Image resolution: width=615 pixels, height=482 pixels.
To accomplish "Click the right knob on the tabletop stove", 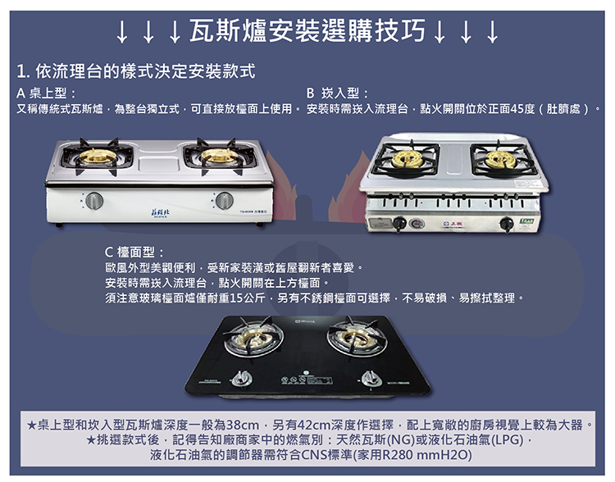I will [224, 200].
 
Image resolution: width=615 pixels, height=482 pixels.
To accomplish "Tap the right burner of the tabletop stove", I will [216, 155].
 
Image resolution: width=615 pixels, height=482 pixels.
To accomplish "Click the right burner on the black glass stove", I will [358, 336].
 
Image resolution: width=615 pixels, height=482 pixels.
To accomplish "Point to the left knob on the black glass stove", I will [239, 377].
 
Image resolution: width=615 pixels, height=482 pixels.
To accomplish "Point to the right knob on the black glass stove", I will [371, 376].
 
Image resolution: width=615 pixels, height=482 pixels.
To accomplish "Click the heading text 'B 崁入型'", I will [336, 93].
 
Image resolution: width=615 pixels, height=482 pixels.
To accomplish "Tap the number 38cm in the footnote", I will [244, 425].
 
